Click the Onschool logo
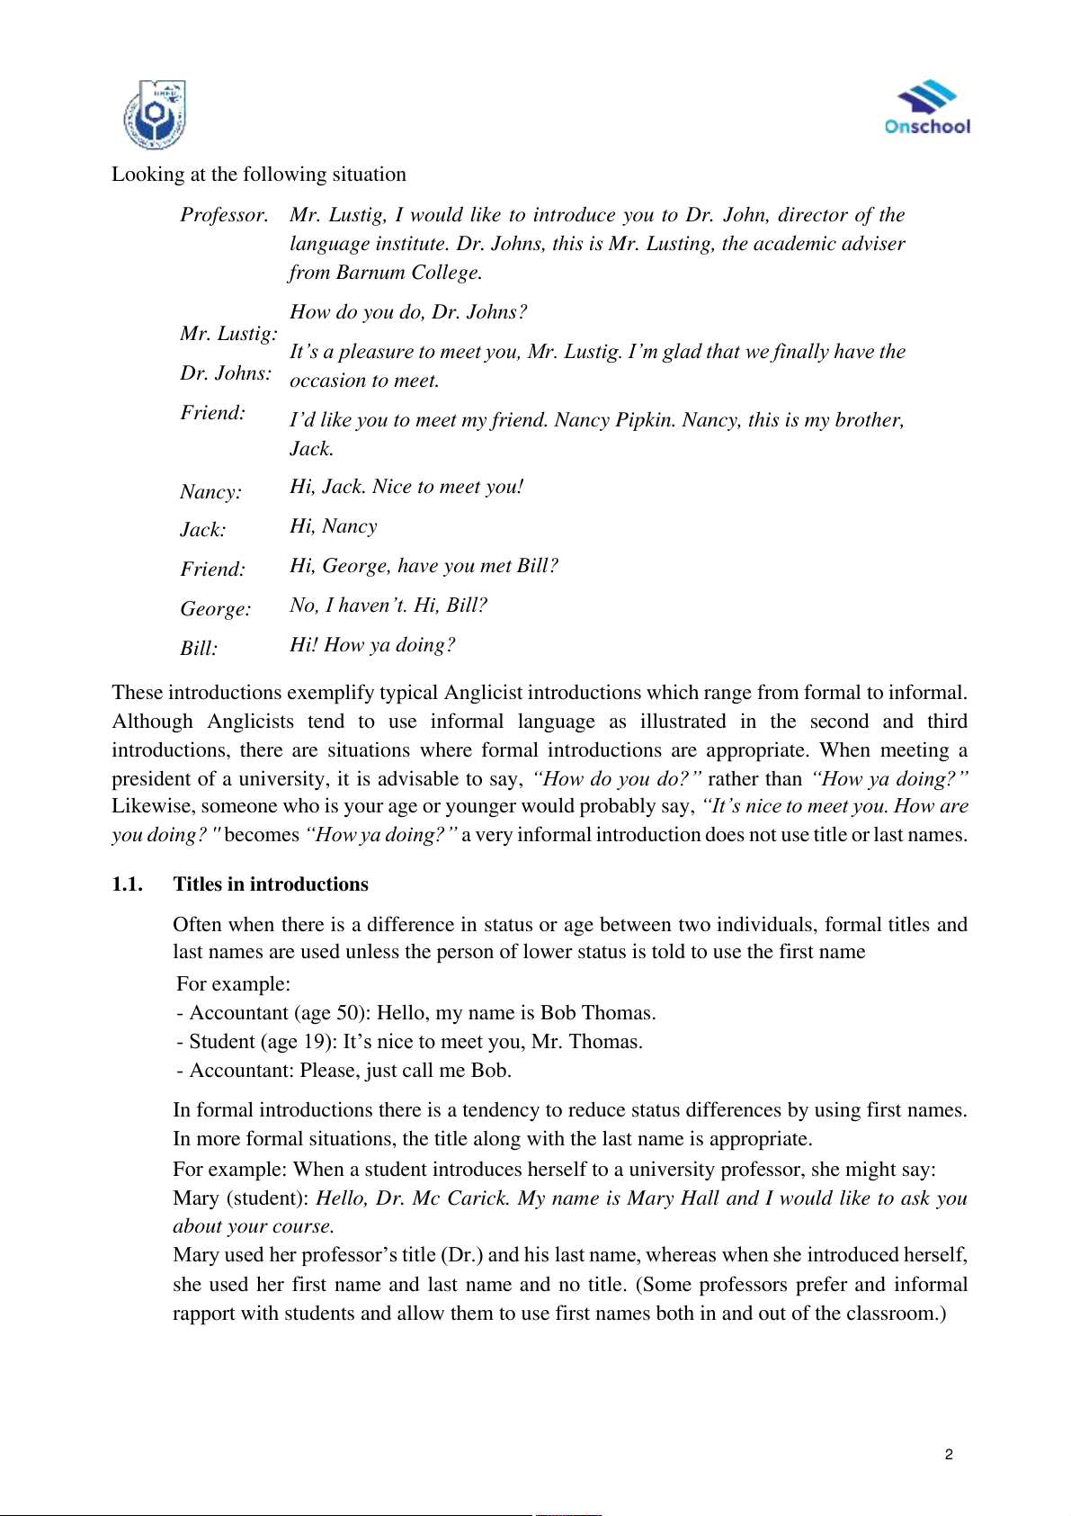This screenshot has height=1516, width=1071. coord(927,108)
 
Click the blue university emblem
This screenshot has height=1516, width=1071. coord(155,114)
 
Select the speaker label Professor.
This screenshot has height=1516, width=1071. coord(224,215)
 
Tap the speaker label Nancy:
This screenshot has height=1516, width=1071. coord(210,492)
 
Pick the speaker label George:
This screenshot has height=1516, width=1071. coord(216,609)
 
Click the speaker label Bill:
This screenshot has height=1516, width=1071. coord(199,649)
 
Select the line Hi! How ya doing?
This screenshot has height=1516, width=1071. coord(372,645)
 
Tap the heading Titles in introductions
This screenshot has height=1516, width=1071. coord(271,884)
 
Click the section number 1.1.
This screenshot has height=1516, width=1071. coord(127,884)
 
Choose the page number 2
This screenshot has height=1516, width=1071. coord(949,1454)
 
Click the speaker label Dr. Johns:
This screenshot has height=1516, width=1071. coord(226,373)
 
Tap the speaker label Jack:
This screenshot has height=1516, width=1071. coord(203,530)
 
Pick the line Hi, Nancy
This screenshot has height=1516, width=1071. coord(334,526)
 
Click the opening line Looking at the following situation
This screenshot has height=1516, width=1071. coord(259,175)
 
